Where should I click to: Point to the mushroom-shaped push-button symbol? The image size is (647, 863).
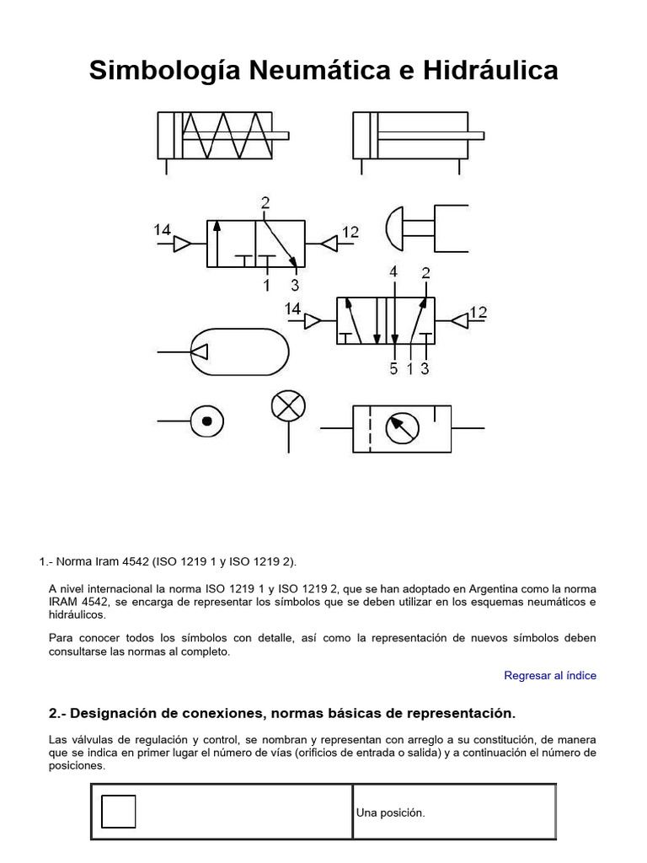coord(425,227)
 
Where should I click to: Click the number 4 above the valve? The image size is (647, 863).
coord(393,272)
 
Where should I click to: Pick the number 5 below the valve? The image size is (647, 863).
coord(393,368)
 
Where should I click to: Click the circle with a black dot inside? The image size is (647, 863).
coord(207,419)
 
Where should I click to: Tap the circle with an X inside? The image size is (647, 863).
coord(288,406)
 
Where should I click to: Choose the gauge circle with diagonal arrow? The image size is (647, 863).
coord(402,429)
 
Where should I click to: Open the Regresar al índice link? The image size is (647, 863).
coord(549,675)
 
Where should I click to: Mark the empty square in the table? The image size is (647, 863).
coord(118,812)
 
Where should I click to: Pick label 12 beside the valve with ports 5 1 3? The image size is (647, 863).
coord(478,313)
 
